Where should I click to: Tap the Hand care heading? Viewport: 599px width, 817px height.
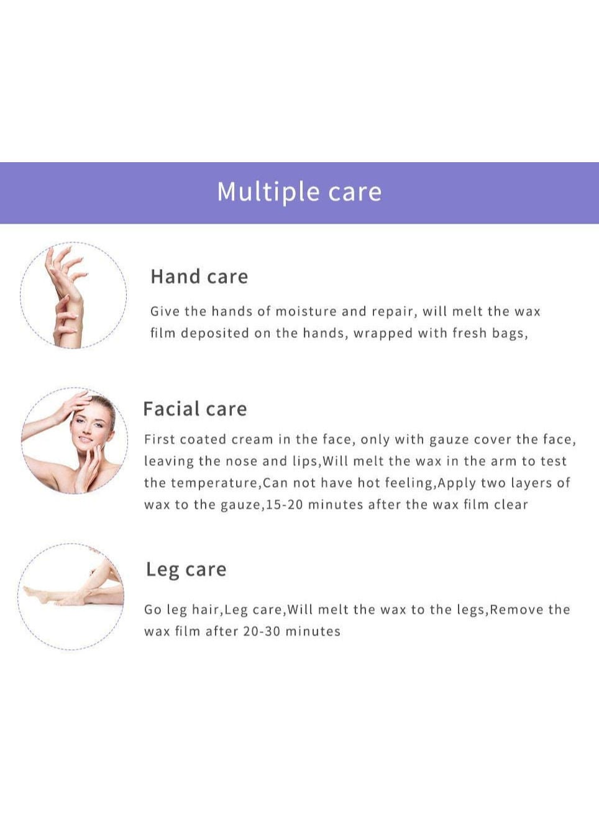click(199, 276)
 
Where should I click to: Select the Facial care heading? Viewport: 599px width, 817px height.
click(195, 409)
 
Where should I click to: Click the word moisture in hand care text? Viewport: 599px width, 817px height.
click(306, 311)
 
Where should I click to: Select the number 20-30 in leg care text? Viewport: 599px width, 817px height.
click(262, 631)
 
